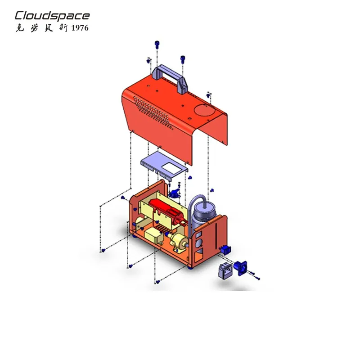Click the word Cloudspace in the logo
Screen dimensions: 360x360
(52, 16)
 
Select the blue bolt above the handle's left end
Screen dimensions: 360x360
(157, 44)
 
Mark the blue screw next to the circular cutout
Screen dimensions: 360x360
(208, 94)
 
